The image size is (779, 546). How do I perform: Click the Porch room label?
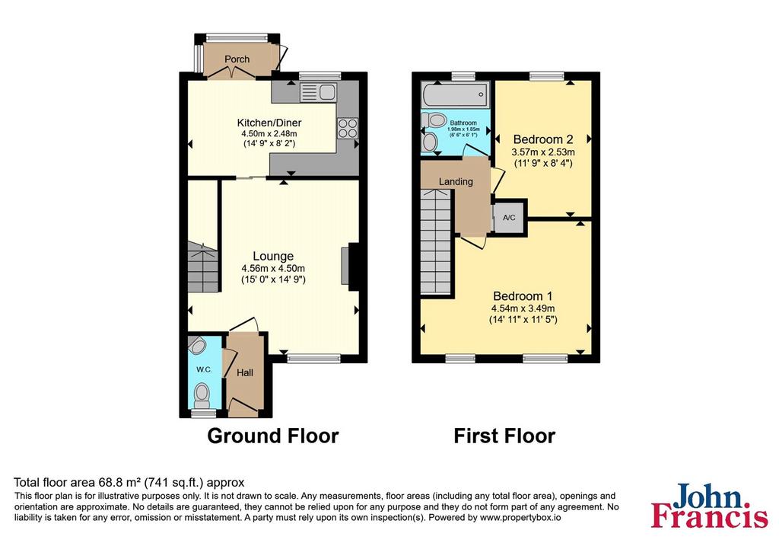(x=237, y=59)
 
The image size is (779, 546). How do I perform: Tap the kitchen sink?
(x=319, y=92)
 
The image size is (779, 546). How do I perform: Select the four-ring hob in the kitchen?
(x=347, y=128)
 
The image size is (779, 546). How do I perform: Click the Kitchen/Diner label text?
(x=269, y=123)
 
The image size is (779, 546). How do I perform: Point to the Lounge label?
(x=273, y=256)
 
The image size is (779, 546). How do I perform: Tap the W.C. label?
(x=204, y=369)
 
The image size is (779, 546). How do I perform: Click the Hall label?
(x=245, y=373)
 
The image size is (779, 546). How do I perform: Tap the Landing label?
(x=456, y=181)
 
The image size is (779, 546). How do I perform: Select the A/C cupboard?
(x=509, y=217)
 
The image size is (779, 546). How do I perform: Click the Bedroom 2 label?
(x=543, y=139)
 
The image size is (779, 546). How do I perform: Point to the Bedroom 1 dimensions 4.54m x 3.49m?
(x=523, y=309)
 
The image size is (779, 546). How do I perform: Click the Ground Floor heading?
(x=273, y=436)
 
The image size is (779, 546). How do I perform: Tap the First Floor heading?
(x=504, y=436)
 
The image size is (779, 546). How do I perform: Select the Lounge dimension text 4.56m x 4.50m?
(x=273, y=269)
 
